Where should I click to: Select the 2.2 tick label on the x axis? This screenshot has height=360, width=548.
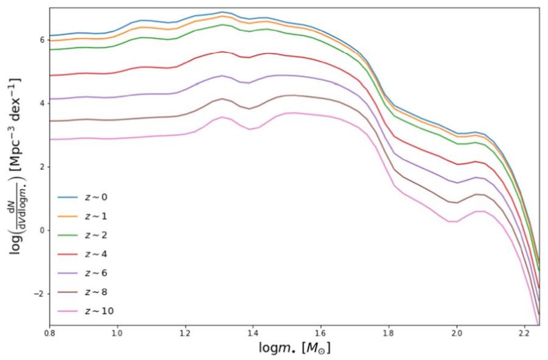coord(525,334)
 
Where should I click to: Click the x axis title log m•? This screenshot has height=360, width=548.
coord(294,349)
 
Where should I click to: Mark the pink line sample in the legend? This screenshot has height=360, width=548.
coord(66,311)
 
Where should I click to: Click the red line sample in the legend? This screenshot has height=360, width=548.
coord(66,254)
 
